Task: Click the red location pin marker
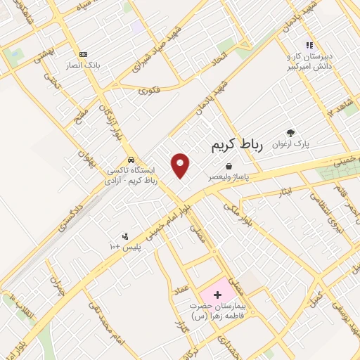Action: pos(181,165)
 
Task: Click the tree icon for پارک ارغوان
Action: pos(291,132)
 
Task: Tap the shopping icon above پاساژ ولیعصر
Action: pos(209,166)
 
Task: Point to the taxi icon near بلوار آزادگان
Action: pos(130,159)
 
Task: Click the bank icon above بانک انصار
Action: pos(84,54)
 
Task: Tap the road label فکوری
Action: pos(149,90)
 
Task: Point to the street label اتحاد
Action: pos(221,54)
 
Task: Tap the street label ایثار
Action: pos(283,191)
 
